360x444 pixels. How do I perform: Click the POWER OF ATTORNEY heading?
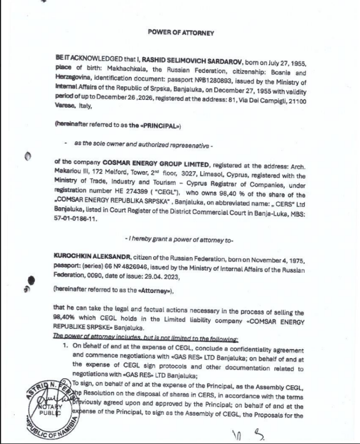click(x=181, y=33)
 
